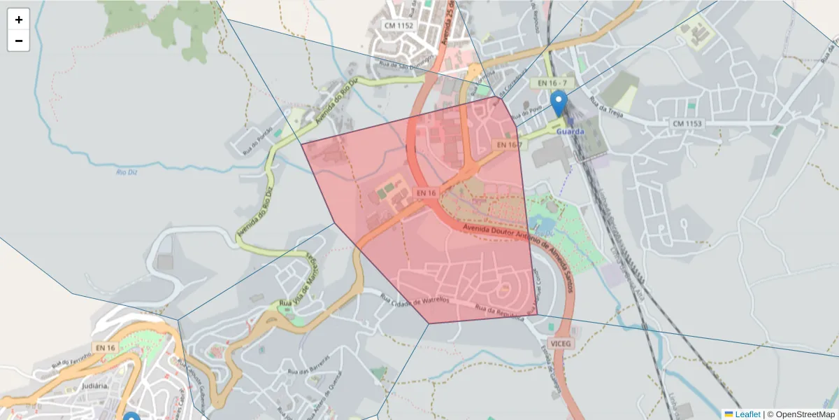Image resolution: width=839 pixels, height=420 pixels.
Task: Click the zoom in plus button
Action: coord(19,20)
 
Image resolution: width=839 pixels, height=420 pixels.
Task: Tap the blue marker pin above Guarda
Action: coord(559,103)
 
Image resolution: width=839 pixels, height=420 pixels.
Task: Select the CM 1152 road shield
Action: coord(399,25)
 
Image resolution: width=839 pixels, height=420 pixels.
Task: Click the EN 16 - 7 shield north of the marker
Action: coord(552,83)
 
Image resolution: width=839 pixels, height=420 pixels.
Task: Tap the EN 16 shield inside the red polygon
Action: coord(426,192)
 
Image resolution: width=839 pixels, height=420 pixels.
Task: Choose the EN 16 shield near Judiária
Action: coord(105,347)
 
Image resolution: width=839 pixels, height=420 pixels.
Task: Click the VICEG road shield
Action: coord(561,344)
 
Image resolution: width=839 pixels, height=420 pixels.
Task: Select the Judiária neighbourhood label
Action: coord(94,385)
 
